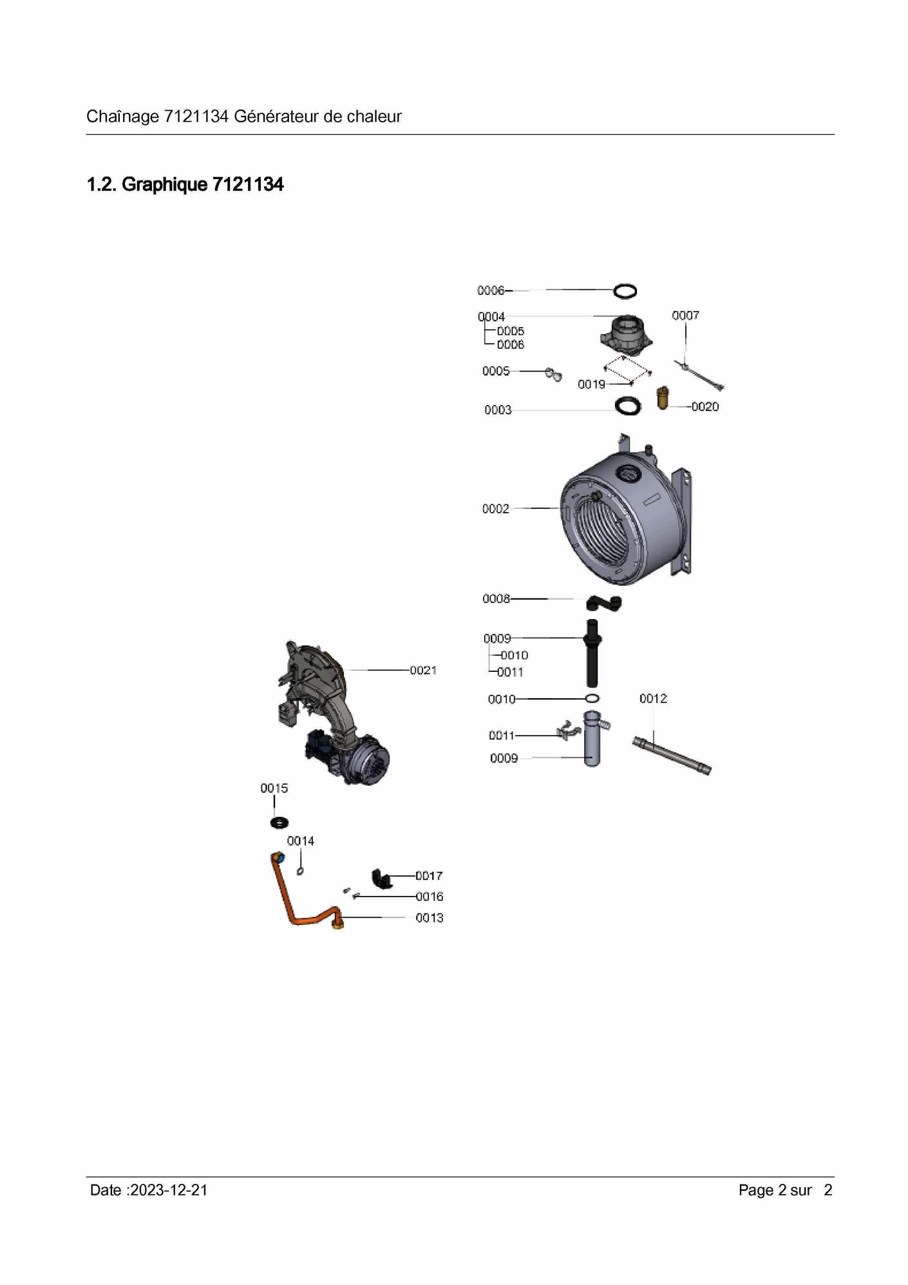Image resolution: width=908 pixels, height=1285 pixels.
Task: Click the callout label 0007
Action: click(x=685, y=316)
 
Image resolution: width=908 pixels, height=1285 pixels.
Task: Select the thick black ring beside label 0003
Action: click(x=628, y=406)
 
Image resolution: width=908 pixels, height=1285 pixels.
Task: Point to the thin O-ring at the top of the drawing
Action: click(x=625, y=291)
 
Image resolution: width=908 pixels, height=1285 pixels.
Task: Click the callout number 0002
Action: click(x=496, y=509)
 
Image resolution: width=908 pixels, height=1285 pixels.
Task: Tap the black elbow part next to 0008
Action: click(x=604, y=603)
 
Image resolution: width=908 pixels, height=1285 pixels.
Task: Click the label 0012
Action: click(x=653, y=699)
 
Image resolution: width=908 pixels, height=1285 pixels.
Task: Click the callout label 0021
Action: click(x=423, y=671)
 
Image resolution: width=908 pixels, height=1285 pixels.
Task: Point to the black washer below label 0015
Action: click(x=279, y=823)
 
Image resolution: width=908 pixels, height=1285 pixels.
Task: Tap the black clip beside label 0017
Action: click(x=383, y=879)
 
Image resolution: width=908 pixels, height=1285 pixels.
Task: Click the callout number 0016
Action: click(x=430, y=897)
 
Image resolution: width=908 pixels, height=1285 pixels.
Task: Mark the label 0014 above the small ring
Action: click(x=301, y=841)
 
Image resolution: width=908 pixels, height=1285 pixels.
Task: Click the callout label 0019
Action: click(x=591, y=385)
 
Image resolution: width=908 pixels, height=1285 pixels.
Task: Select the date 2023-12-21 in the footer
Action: click(x=168, y=1190)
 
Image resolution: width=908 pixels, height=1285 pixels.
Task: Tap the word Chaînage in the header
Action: click(x=122, y=117)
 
